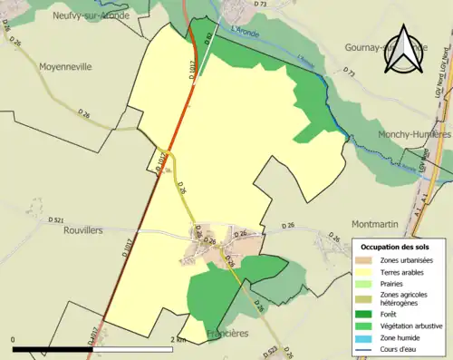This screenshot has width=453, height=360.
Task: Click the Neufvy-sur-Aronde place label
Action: [92, 15]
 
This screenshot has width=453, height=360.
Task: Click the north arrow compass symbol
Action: [404, 50]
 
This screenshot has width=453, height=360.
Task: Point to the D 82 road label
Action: [207, 38]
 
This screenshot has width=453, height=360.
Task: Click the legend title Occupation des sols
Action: [399, 247]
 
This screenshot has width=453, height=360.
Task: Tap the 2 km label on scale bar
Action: [178, 339]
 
